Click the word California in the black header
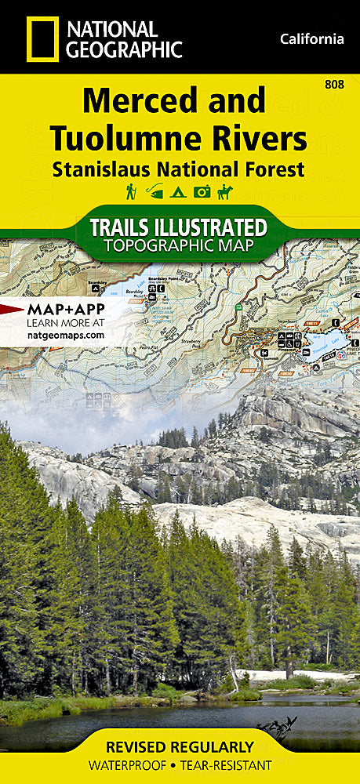(311, 38)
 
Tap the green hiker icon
(131, 191)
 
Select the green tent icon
(179, 191)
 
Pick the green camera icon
(202, 191)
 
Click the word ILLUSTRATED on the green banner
(214, 228)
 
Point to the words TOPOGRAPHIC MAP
(180, 245)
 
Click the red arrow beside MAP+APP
(11, 308)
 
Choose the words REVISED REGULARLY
(180, 746)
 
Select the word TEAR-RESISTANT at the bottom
(230, 764)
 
